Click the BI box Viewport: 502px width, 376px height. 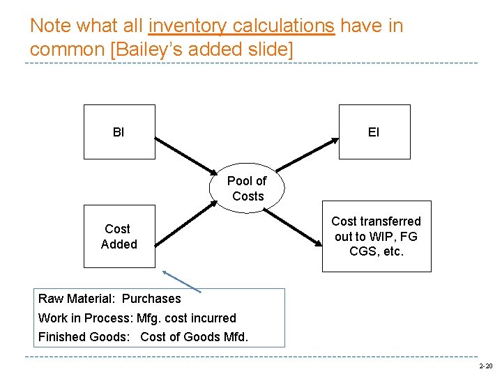(x=119, y=132)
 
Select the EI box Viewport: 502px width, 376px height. (x=374, y=132)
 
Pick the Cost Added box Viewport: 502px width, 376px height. (x=119, y=237)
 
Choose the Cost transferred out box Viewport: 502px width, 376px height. (x=376, y=236)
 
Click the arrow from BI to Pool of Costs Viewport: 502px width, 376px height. (x=185, y=156)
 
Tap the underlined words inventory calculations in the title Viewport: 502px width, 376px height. (x=241, y=26)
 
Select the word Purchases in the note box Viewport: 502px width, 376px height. (x=151, y=299)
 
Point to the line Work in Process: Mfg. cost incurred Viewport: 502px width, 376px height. (x=137, y=318)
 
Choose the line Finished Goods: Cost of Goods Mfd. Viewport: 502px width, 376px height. (x=144, y=337)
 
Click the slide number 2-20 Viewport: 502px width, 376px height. (x=485, y=366)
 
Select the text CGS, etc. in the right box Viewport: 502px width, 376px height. (x=376, y=251)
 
